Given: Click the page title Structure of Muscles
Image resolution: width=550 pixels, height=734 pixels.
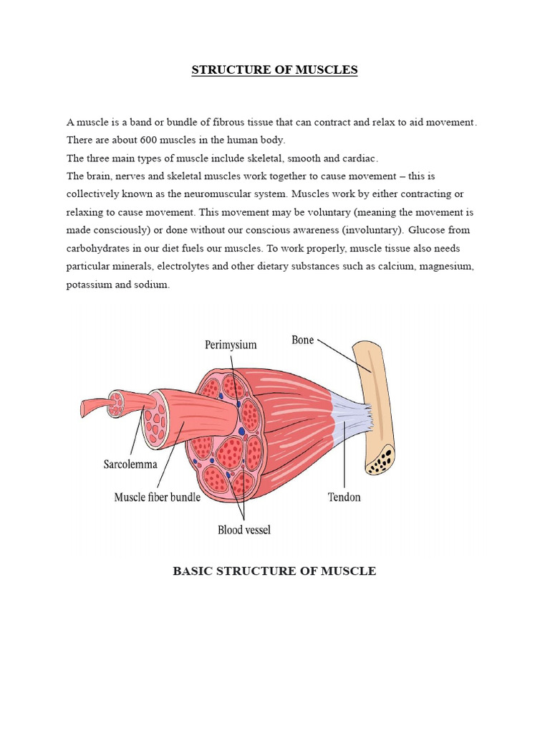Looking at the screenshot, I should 274,70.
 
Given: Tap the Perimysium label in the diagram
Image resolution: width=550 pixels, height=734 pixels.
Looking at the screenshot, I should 231,345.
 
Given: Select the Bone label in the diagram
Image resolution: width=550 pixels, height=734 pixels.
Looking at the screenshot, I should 302,340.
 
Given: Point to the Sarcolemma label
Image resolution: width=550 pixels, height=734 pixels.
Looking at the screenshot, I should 131,464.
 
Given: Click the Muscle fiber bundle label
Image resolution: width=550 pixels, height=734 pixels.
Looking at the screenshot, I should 158,496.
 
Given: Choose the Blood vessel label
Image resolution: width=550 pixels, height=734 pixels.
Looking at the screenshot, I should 244,530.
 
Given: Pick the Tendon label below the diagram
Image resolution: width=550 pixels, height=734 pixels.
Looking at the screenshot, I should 344,496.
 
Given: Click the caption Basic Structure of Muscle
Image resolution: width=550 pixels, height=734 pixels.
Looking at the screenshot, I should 274,571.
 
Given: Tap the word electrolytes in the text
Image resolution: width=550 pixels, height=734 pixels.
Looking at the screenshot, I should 207,266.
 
